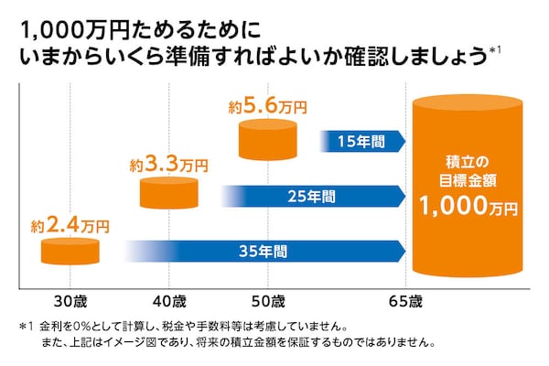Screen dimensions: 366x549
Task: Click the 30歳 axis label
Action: tap(70, 301)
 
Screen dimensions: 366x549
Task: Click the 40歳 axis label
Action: tap(168, 301)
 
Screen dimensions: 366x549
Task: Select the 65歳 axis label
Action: tap(404, 301)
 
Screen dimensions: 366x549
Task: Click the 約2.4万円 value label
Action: tap(70, 223)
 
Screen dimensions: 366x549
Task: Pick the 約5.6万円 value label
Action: tap(267, 107)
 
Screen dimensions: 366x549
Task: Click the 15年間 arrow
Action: tap(363, 141)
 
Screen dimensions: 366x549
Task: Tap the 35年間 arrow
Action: tap(265, 250)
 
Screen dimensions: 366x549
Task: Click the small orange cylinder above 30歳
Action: tap(70, 252)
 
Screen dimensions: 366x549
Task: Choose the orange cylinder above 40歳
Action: tap(169, 193)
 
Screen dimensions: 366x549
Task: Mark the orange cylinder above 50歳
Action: tap(267, 138)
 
